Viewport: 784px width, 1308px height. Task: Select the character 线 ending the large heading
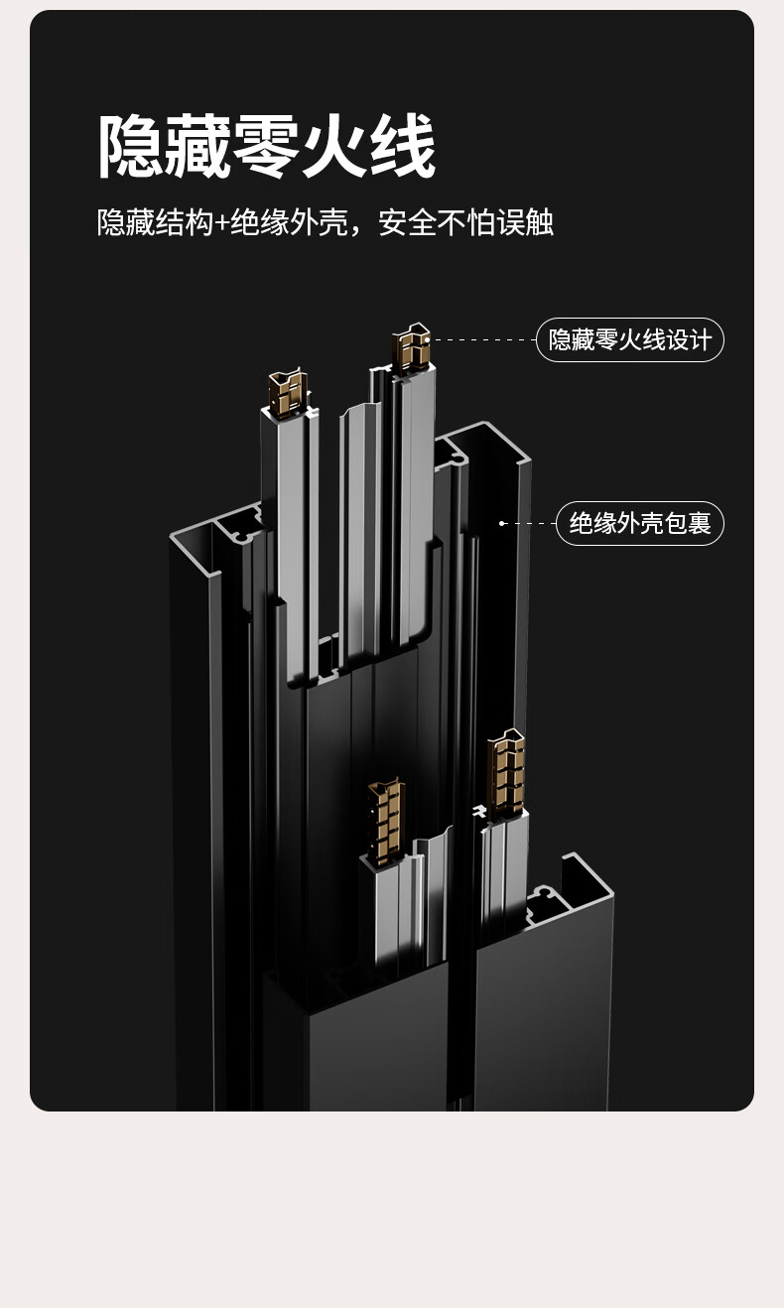pyautogui.click(x=402, y=146)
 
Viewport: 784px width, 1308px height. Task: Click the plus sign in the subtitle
pyautogui.click(x=220, y=222)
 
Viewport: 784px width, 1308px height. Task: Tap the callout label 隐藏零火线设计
pyautogui.click(x=630, y=340)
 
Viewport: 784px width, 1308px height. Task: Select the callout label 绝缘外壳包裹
pyautogui.click(x=640, y=523)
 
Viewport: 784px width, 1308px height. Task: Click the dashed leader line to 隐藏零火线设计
pyautogui.click(x=484, y=339)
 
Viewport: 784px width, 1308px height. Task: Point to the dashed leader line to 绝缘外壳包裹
pyautogui.click(x=531, y=523)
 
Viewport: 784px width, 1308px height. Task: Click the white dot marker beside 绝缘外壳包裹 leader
pyautogui.click(x=502, y=523)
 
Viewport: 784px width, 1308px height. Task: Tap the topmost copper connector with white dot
pyautogui.click(x=410, y=348)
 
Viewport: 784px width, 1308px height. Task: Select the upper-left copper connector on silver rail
pyautogui.click(x=288, y=392)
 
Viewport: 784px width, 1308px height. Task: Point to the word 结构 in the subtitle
pyautogui.click(x=183, y=222)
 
